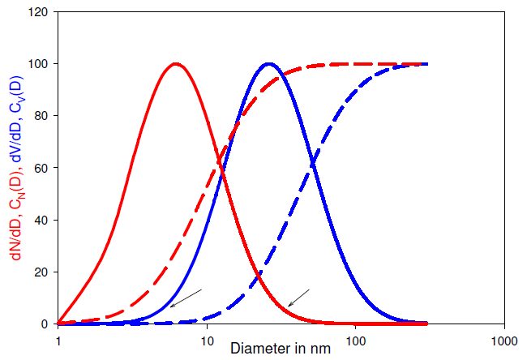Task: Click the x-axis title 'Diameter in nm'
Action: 280,349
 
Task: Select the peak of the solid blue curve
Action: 269,64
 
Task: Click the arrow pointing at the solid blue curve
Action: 186,298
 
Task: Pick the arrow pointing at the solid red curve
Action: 299,298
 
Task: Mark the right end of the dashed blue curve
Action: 426,64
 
